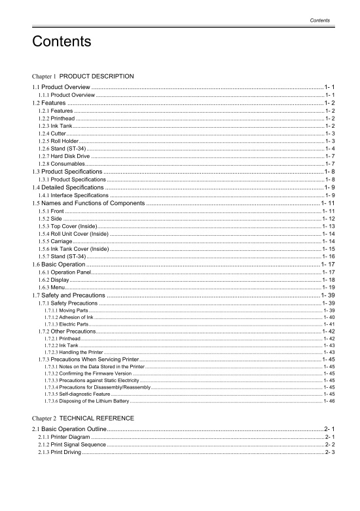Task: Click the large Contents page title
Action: click(x=61, y=43)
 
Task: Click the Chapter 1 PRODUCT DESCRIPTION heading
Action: click(x=83, y=76)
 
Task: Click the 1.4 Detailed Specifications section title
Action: click(x=76, y=187)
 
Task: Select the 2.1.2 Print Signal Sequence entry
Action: click(x=71, y=444)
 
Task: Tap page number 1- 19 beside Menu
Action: click(x=329, y=288)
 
